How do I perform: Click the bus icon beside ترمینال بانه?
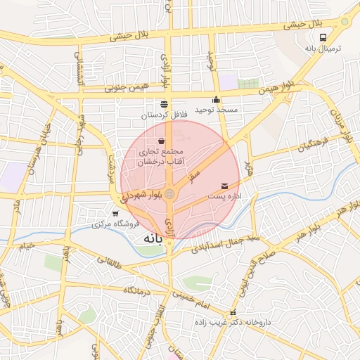pos(323,37)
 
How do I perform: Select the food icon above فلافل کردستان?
pos(164,104)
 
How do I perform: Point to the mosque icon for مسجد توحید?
pos(216,100)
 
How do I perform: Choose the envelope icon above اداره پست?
pos(224,185)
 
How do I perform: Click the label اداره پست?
pos(229,196)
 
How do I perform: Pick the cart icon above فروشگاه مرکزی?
pos(115,213)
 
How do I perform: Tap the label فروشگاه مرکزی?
pos(116,224)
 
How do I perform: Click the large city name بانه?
pos(153,240)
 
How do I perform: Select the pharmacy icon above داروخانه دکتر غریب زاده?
pos(233,313)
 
